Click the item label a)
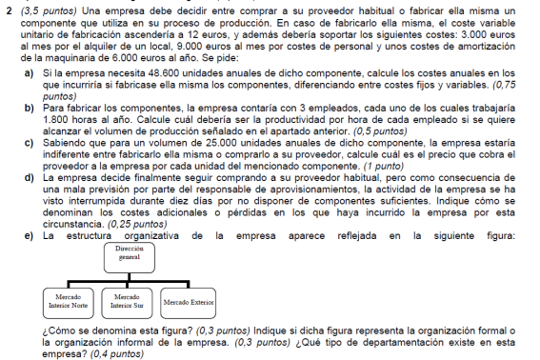click(30, 72)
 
